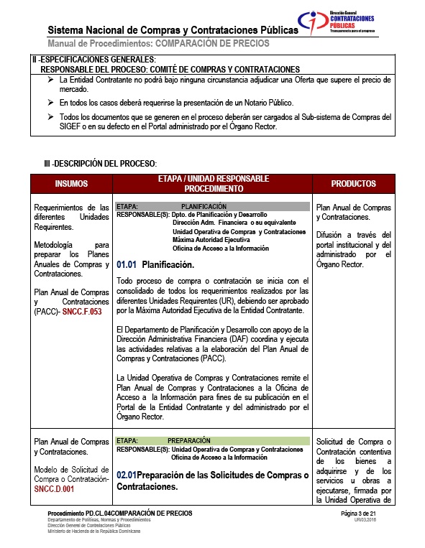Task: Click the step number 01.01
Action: (x=126, y=264)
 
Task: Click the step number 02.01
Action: (x=126, y=475)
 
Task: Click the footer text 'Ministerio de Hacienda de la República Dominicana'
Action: (x=93, y=531)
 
